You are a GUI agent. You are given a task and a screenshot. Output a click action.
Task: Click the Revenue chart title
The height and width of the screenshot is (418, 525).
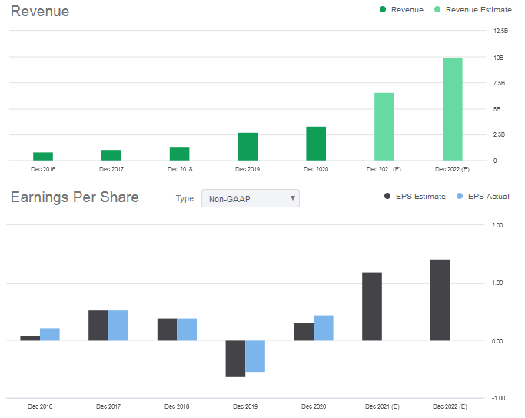(39, 12)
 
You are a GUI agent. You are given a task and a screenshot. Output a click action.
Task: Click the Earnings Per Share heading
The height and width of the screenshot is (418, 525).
(75, 197)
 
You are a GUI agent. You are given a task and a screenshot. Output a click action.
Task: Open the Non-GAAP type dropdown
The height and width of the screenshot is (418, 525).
(250, 198)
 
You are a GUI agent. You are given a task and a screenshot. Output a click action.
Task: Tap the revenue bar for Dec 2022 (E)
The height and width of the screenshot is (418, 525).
(453, 109)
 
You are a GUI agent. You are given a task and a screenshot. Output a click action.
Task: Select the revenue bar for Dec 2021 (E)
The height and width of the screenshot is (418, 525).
(384, 127)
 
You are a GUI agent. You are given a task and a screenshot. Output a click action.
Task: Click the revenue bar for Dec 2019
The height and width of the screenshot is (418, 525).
(248, 147)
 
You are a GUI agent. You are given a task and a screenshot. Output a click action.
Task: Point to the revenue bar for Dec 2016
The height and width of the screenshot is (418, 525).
(43, 156)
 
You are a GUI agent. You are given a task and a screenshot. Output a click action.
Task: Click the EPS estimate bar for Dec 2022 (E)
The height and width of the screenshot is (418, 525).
(440, 300)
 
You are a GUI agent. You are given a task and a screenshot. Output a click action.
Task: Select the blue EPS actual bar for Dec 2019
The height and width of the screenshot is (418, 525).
(255, 356)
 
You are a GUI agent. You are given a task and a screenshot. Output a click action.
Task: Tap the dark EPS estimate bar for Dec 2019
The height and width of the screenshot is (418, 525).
(235, 358)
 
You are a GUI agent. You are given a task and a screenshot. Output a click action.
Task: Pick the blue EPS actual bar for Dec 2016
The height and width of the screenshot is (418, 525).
(50, 334)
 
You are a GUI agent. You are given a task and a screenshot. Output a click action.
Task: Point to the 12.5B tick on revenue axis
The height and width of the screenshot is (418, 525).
(500, 32)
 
